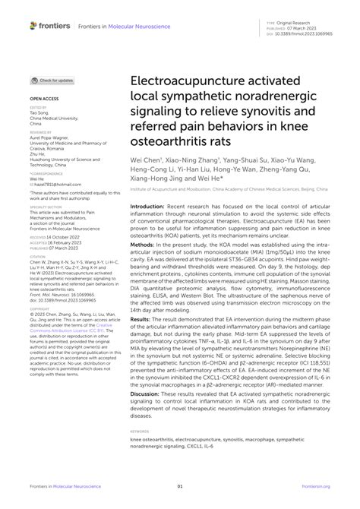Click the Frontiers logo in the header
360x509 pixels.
coord(50,26)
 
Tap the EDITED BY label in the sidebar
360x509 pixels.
coord(38,108)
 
